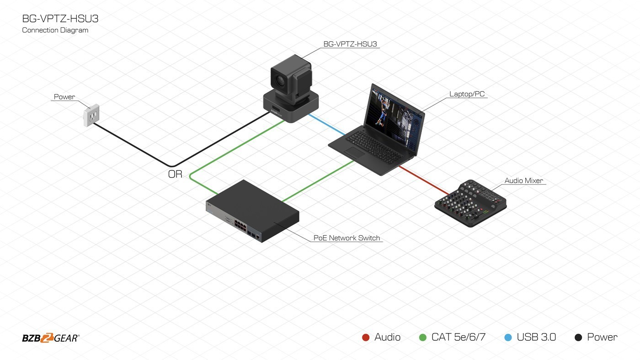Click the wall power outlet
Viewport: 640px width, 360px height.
click(91, 116)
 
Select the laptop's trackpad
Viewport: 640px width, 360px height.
click(355, 153)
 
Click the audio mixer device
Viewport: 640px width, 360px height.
click(471, 203)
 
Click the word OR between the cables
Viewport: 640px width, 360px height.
click(175, 174)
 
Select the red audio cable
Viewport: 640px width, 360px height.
click(423, 180)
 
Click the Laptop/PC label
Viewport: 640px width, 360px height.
click(467, 95)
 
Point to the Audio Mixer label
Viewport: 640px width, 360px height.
click(523, 180)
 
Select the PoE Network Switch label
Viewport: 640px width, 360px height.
click(347, 238)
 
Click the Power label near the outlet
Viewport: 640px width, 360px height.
click(64, 97)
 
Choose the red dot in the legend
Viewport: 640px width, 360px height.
click(366, 338)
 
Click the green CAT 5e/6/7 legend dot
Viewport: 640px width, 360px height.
click(423, 338)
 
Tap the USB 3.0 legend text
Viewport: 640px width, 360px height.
click(536, 337)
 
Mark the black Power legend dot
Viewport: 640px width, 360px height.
click(578, 338)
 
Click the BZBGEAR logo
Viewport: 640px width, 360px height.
click(50, 338)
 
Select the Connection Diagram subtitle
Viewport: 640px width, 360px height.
click(55, 30)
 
